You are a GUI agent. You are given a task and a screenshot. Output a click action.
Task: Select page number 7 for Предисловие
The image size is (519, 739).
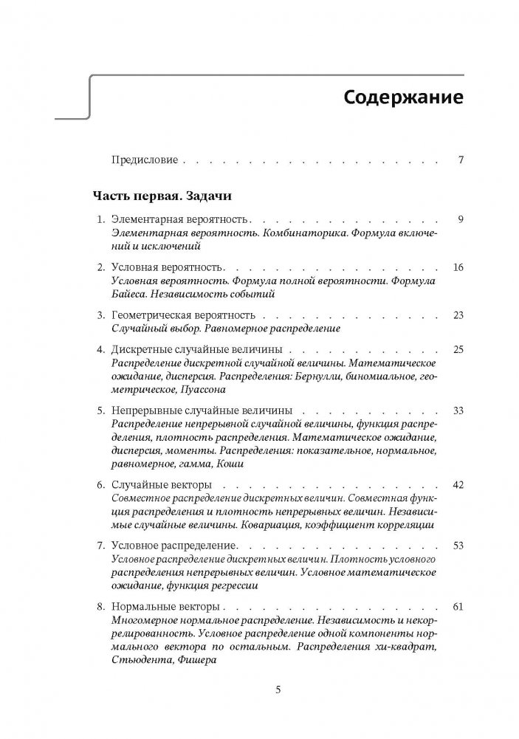461,159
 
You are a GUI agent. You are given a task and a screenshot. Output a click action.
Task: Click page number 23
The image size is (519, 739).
458,315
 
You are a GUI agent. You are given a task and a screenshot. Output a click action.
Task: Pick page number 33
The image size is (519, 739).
458,410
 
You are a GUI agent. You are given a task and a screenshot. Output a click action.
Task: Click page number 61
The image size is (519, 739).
458,606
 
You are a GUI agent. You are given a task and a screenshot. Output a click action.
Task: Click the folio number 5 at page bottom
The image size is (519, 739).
278,691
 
